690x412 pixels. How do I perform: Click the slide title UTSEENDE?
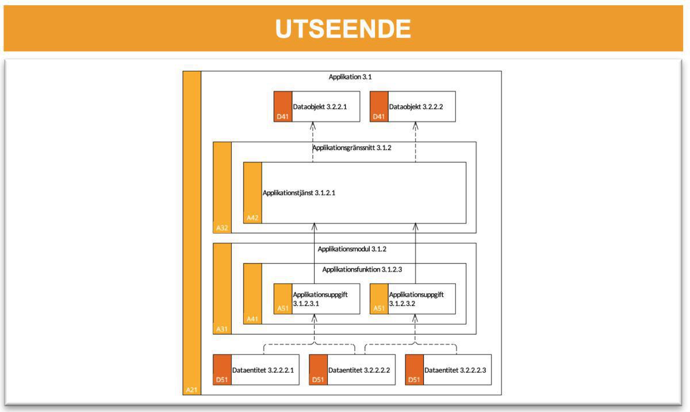[x=343, y=28]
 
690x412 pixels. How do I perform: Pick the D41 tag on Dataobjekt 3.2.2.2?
[x=378, y=117]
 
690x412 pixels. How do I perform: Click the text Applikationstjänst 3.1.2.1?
[x=298, y=193]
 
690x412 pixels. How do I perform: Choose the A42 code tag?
[x=252, y=218]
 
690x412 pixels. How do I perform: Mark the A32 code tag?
[x=222, y=228]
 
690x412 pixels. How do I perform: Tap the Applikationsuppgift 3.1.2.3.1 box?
[x=315, y=299]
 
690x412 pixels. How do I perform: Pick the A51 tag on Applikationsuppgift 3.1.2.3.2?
[x=378, y=308]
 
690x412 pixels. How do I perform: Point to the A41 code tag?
[x=252, y=319]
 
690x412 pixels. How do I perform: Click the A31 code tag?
[x=222, y=329]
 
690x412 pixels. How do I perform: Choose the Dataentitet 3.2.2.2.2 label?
[x=359, y=370]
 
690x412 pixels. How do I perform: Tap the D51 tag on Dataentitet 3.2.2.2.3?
[x=414, y=380]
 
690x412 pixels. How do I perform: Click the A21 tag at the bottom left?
[x=191, y=390]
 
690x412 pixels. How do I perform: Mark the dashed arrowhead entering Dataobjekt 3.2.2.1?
[x=313, y=125]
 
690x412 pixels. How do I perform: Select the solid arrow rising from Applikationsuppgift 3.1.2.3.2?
[x=415, y=253]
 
